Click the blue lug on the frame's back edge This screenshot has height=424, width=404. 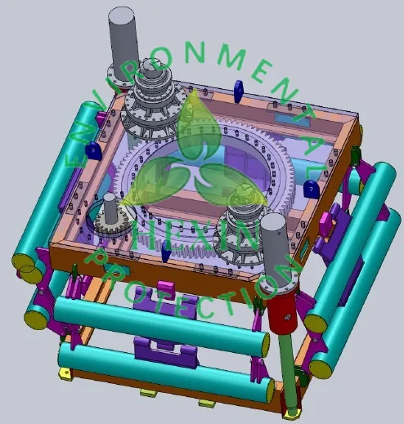pyautogui.click(x=238, y=91)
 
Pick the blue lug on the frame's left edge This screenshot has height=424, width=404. pyautogui.click(x=93, y=151)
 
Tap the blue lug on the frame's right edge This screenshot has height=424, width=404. pyautogui.click(x=311, y=189)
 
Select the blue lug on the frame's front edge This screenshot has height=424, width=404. pyautogui.click(x=166, y=252)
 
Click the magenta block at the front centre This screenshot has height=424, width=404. pyautogui.click(x=166, y=288)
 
